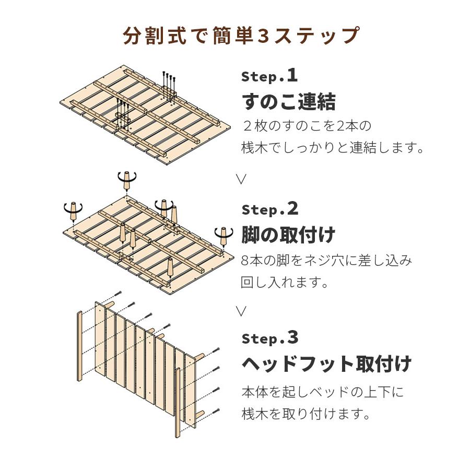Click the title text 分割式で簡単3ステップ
[x=241, y=36]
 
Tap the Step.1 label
[x=269, y=76]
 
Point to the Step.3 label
[x=270, y=338]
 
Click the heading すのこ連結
[x=288, y=102]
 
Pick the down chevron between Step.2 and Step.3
[x=241, y=311]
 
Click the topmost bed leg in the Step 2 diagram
[x=127, y=181]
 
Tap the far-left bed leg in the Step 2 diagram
[x=73, y=211]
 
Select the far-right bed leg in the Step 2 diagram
[x=224, y=236]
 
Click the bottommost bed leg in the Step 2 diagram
[x=170, y=267]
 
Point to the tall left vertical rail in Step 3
[x=79, y=346]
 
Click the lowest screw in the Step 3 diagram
[x=216, y=412]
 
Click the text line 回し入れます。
[x=285, y=282]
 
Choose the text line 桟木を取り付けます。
[x=305, y=414]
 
